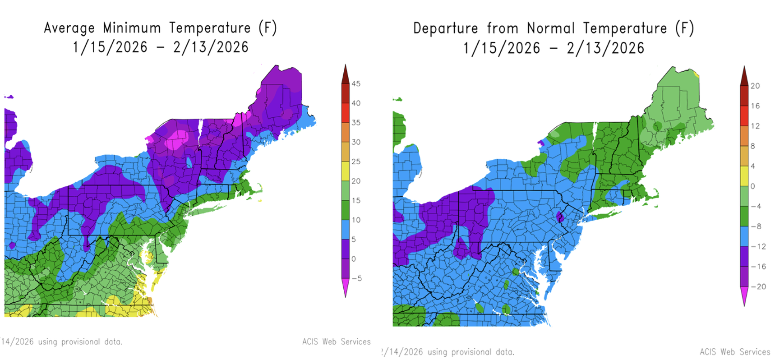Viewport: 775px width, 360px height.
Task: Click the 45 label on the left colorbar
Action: point(356,83)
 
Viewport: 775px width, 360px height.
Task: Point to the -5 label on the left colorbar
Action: point(356,278)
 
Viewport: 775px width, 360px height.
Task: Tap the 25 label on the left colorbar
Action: point(356,162)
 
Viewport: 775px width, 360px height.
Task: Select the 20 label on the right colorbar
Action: point(755,86)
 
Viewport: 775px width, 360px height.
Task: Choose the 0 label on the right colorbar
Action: point(752,186)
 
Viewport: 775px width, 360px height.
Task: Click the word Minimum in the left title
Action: point(132,28)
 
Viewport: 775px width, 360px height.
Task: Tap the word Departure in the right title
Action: point(445,28)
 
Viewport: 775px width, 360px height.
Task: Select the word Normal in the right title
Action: point(552,28)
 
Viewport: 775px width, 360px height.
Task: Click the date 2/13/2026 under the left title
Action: point(211,47)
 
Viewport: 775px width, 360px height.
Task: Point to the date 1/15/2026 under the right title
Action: point(502,48)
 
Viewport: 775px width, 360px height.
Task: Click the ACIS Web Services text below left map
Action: point(336,342)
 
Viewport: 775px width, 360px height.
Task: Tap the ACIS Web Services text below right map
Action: point(734,352)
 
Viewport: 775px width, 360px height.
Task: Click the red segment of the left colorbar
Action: point(345,112)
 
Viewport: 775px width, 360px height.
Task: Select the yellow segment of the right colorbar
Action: point(744,176)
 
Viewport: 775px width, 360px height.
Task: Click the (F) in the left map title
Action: point(268,28)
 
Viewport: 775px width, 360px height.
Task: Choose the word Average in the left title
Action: point(69,28)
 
